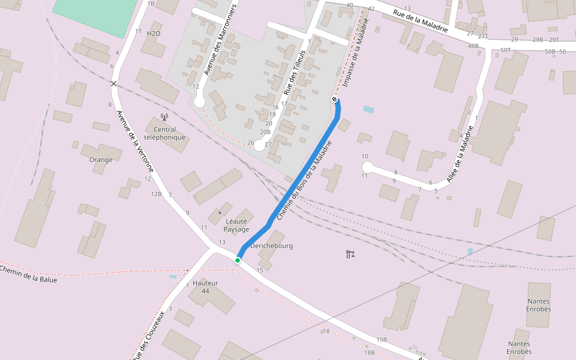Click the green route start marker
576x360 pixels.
[x=238, y=260]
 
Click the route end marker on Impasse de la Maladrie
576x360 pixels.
[x=334, y=99]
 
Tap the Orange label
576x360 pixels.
[x=101, y=160]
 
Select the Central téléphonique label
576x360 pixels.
[x=165, y=133]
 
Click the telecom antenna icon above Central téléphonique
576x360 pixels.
[x=164, y=118]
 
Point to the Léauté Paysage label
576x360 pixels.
[x=236, y=225]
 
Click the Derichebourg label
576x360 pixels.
[x=271, y=246]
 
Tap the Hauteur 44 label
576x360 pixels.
[x=205, y=287]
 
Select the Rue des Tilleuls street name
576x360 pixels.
[x=295, y=73]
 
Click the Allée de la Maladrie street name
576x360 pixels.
[x=457, y=160]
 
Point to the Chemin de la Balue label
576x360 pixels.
[x=28, y=274]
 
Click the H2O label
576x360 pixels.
[x=154, y=34]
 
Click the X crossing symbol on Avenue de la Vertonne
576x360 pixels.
[x=113, y=83]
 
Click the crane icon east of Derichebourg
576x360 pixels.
[x=351, y=254]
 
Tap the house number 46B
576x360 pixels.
[x=473, y=46]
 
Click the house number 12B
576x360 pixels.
[x=156, y=194]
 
